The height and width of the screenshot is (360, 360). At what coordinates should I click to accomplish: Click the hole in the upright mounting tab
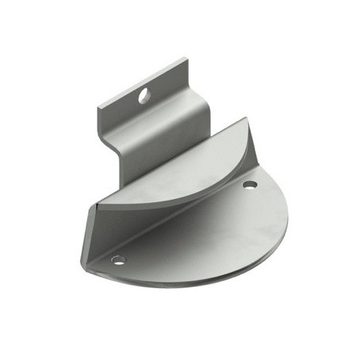pyautogui.click(x=143, y=96)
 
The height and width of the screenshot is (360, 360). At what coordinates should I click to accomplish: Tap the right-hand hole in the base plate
pyautogui.click(x=249, y=185)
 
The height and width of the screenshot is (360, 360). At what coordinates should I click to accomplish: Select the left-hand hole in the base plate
pyautogui.click(x=119, y=260)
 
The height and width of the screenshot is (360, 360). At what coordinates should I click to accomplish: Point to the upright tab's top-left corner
pyautogui.click(x=98, y=106)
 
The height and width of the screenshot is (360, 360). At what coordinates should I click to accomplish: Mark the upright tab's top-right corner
pyautogui.click(x=186, y=57)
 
